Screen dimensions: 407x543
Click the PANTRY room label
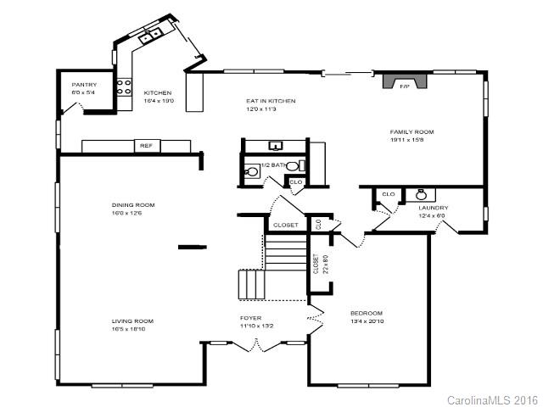84,84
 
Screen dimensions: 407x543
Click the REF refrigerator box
146,146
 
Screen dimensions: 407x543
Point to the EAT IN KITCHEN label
271,101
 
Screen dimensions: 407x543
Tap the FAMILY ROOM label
411,131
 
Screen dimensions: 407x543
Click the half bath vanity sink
276,147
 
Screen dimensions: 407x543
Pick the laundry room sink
421,194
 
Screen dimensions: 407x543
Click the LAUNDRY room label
433,208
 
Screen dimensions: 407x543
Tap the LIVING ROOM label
132,321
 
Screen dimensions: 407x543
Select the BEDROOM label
367,313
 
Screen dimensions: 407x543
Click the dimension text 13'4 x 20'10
367,321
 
